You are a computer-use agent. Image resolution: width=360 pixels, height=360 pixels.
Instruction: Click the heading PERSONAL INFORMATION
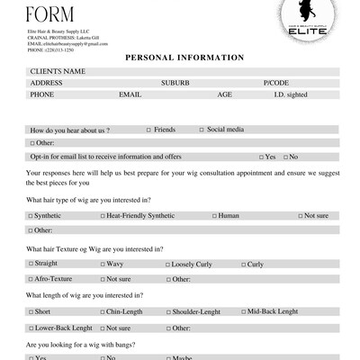184,58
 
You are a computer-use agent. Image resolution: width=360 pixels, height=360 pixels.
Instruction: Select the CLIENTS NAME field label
58,70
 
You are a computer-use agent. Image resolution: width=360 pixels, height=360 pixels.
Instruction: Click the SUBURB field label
175,82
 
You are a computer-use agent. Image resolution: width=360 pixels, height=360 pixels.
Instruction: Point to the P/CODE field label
275,82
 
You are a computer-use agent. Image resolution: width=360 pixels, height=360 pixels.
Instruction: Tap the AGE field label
224,94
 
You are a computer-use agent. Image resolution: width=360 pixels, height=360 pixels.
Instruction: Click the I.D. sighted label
292,94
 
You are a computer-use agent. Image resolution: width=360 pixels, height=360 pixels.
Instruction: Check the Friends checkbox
148,130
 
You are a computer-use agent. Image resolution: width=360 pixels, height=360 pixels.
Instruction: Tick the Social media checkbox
202,130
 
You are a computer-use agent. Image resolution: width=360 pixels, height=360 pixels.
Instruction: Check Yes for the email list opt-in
261,157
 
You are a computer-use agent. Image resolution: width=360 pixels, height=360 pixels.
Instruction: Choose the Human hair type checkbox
214,216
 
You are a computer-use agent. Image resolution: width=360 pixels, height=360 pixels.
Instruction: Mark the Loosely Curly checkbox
166,264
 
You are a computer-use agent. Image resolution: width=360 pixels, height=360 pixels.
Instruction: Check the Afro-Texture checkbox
31,279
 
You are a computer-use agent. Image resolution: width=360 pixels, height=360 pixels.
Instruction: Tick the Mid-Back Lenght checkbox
244,311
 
